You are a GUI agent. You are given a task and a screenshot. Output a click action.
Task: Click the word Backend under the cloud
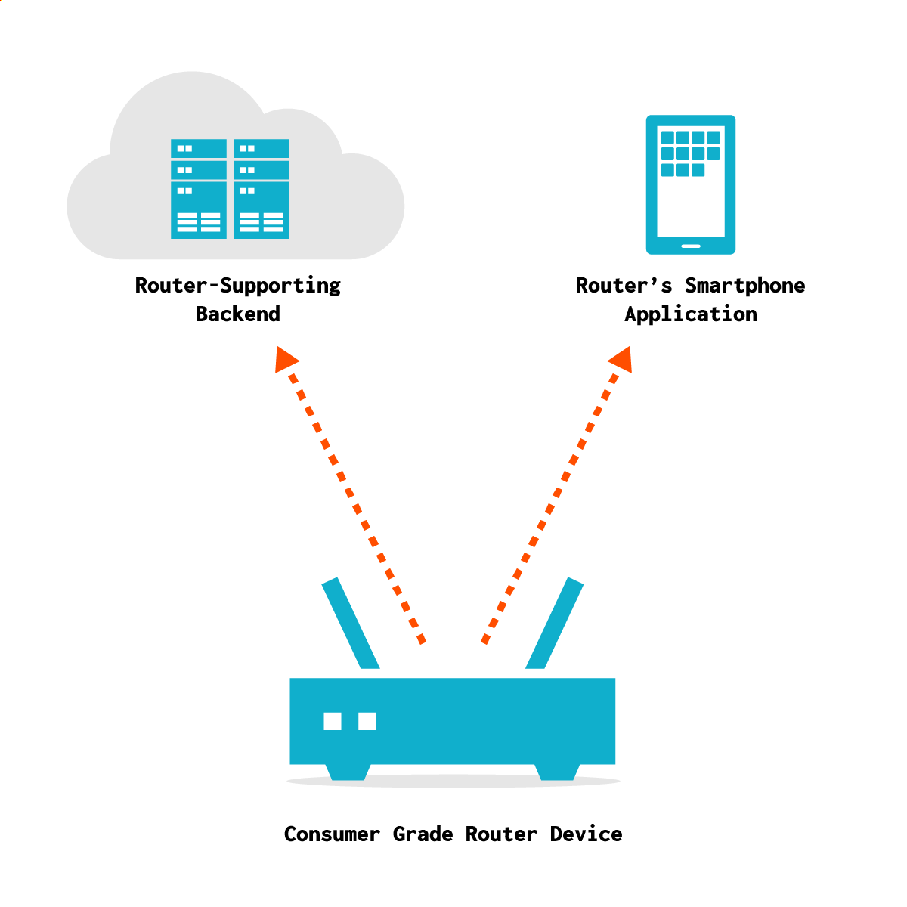[x=237, y=314]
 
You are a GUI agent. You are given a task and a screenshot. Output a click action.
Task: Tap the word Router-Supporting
[x=237, y=286]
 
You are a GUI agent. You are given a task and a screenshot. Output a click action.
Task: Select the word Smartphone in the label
[x=744, y=286]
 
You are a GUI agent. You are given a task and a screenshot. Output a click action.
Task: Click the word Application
[x=691, y=314]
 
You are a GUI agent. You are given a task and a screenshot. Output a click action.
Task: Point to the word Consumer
[x=332, y=834]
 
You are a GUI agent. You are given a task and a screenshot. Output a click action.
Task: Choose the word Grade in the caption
[x=423, y=834]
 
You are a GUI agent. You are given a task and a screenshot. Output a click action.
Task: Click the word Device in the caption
[x=586, y=834]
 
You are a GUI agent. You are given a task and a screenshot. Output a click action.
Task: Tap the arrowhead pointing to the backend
[x=286, y=358]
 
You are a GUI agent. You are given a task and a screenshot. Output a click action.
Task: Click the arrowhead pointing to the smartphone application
[x=621, y=359]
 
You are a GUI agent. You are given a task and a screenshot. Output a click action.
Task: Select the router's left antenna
[x=350, y=623]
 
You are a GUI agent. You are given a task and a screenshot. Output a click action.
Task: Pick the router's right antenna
[x=555, y=623]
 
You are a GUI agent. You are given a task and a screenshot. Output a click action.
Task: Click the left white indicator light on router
[x=333, y=721]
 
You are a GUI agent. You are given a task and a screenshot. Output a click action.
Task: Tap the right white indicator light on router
[x=367, y=721]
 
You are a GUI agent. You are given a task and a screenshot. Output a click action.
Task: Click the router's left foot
[x=348, y=772]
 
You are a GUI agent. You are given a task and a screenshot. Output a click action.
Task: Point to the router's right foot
[x=557, y=772]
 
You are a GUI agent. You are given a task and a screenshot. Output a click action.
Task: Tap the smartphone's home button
[x=691, y=246]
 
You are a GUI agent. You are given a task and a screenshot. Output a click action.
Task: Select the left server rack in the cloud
[x=199, y=189]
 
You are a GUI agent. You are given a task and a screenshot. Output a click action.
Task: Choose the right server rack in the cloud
[x=262, y=189]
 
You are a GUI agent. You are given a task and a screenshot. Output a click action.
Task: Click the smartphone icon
[x=691, y=185]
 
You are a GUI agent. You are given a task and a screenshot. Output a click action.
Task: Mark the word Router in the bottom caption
[x=501, y=834]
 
